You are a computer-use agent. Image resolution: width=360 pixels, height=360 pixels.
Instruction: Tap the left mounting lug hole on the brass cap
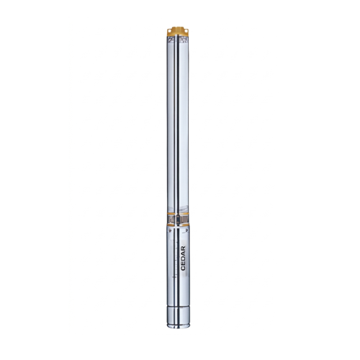pos(170,30)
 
